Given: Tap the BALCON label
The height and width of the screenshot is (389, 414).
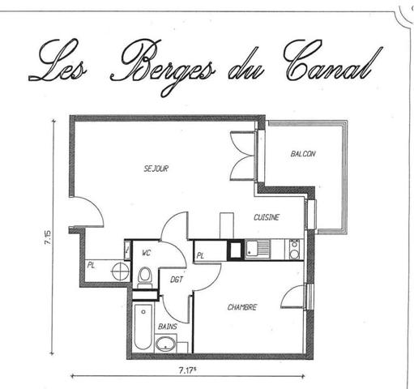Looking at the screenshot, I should click(302, 154).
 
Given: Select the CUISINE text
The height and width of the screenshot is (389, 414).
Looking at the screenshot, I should click(267, 218).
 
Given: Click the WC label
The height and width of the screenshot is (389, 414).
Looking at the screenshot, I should click(147, 253).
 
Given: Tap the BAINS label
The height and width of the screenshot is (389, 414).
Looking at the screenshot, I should click(168, 326).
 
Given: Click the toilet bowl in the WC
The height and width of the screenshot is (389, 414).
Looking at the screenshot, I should click(145, 276).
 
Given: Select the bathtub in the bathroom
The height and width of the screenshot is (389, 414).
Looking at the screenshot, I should click(143, 327).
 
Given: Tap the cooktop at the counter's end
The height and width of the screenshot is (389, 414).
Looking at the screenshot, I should click(293, 247).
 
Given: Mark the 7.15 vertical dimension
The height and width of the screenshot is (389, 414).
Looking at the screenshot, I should click(48, 237).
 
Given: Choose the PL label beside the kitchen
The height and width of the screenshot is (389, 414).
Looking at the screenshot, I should click(200, 256).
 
